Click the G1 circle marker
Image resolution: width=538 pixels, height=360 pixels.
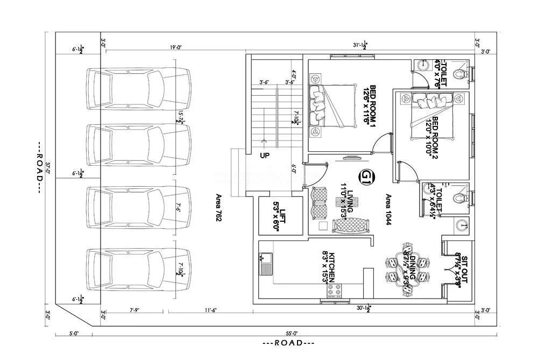(x=366, y=177)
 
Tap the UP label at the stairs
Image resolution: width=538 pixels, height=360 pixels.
(x=265, y=156)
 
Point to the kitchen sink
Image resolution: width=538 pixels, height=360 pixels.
(x=266, y=265)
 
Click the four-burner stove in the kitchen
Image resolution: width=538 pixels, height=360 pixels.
(x=334, y=291)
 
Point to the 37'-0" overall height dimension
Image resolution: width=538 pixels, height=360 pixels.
(x=47, y=172)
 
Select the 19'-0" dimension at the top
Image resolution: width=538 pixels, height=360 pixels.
(x=175, y=47)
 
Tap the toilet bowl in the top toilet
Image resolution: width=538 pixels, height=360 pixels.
(x=459, y=75)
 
